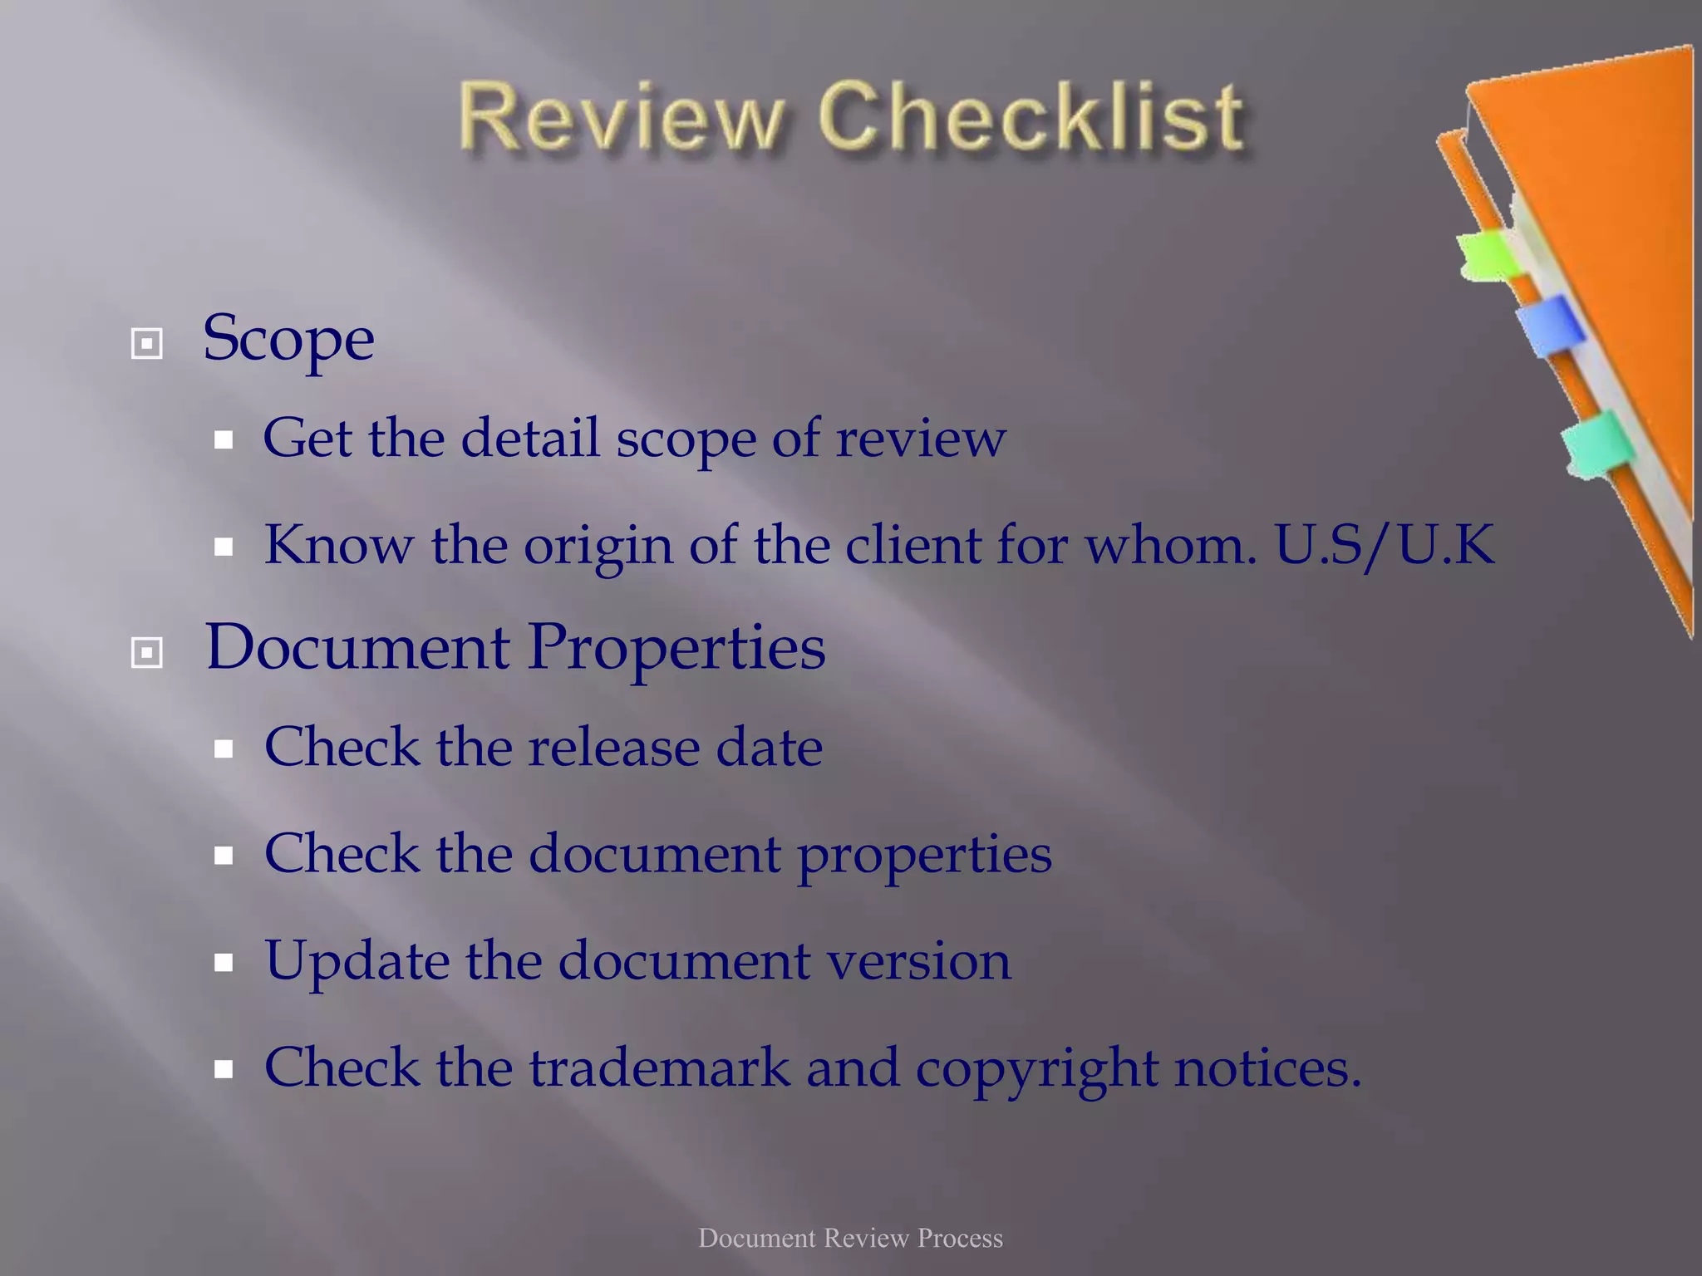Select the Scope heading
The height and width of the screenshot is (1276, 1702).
tap(288, 339)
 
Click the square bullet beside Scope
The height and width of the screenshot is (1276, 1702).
tap(147, 343)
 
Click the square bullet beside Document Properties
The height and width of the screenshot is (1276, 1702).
tap(147, 653)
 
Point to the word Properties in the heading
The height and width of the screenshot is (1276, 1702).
tap(676, 649)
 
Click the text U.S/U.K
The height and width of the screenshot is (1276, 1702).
tap(1385, 545)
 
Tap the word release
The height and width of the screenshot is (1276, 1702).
tap(614, 747)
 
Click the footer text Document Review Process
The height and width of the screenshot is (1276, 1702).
tap(850, 1238)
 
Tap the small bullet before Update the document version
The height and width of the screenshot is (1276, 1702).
tap(223, 963)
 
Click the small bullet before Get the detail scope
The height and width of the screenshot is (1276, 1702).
tap(223, 440)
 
